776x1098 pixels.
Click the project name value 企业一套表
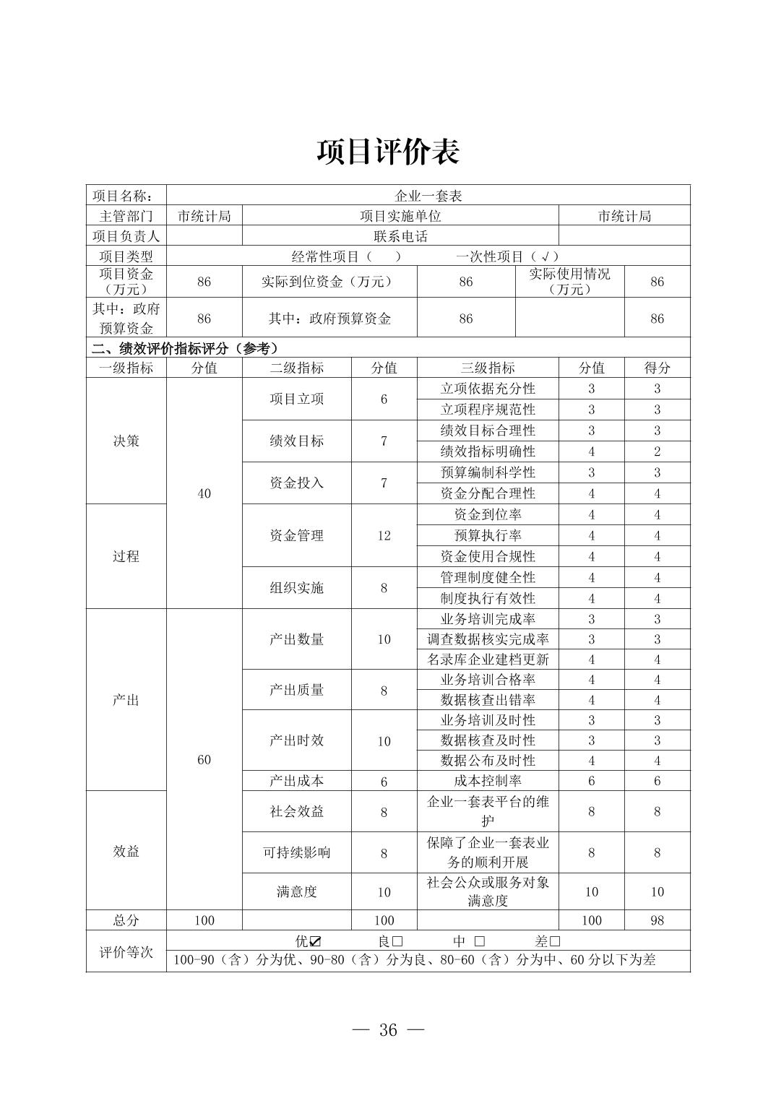pos(428,196)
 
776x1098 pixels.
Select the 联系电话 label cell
pos(400,236)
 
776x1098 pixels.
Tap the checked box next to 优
pos(315,941)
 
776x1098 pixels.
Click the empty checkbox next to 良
pos(397,941)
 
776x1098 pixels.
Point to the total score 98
pos(657,920)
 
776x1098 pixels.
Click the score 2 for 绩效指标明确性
pos(657,451)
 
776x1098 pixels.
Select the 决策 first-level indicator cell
pos(126,441)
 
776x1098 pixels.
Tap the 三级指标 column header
pos(488,368)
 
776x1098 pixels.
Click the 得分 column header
pos(657,368)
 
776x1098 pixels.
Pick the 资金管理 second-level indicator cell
pos(296,535)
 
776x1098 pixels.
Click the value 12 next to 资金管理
pos(384,535)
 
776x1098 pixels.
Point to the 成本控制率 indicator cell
pos(488,781)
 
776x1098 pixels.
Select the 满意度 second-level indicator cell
pos(296,891)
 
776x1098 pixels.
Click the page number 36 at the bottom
pos(388,1030)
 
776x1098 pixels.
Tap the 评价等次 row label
pos(126,951)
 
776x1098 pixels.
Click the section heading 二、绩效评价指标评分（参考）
pos(185,348)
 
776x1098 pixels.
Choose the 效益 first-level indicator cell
pos(126,851)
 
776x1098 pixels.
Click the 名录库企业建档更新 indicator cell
pos(488,660)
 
